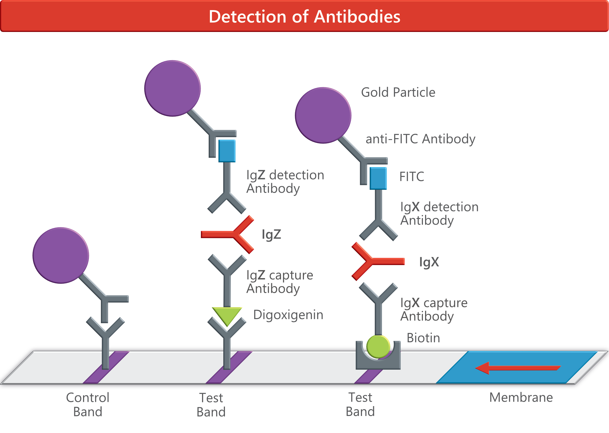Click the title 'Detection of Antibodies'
(x=304, y=17)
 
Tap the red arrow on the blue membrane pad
(x=517, y=368)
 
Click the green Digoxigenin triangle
(x=227, y=315)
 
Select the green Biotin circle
(x=378, y=346)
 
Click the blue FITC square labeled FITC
(x=378, y=178)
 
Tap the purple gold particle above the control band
(x=61, y=255)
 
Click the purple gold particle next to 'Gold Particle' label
(x=323, y=115)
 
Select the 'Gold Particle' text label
(x=398, y=93)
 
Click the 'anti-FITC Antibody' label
(x=420, y=139)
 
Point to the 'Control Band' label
(x=88, y=405)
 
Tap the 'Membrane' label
(x=521, y=398)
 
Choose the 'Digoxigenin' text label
(x=288, y=315)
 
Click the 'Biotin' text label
(x=423, y=338)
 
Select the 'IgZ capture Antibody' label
(x=279, y=282)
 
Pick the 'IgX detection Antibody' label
(x=439, y=213)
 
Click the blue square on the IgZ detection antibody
(x=227, y=151)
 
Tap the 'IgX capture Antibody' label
(x=434, y=310)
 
